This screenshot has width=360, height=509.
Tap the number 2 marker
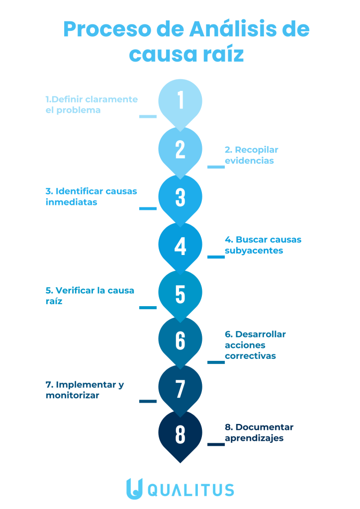coord(180,149)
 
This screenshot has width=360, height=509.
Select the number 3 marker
coord(180,197)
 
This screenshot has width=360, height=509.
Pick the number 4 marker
coord(180,246)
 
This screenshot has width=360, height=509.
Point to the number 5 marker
coord(180,294)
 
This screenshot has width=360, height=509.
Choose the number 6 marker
coord(180,340)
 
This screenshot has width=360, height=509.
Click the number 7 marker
coord(180,388)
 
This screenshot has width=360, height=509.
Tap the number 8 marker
coord(180,434)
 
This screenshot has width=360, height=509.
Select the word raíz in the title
coord(222,54)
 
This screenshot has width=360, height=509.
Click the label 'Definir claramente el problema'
coord(91,104)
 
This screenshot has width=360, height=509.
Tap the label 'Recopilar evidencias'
coord(251,155)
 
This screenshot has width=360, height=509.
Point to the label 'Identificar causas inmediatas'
coord(91,197)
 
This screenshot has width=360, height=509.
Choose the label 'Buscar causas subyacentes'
coord(263,245)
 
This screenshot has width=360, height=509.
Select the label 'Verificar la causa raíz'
coord(90,296)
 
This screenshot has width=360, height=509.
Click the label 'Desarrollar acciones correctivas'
coord(255,345)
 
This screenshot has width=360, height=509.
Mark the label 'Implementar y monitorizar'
coord(85,390)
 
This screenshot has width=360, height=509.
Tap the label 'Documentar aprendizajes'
coord(259,432)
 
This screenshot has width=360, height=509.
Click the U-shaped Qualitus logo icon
coord(134,489)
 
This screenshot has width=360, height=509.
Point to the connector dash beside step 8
coord(216,444)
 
